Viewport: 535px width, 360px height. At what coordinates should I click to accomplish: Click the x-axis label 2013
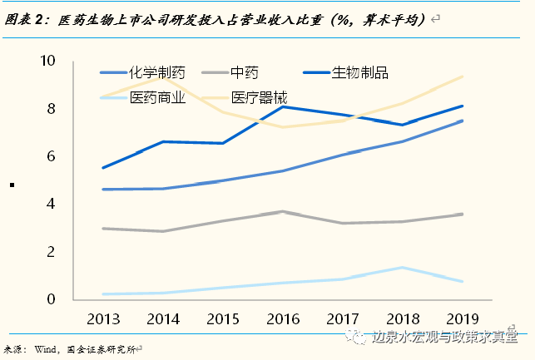pyautogui.click(x=102, y=319)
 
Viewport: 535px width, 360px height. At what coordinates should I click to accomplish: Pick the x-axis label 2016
pyautogui.click(x=283, y=319)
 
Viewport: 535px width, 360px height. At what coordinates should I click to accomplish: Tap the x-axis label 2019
pyautogui.click(x=463, y=319)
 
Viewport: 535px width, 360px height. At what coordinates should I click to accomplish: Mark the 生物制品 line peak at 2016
pyautogui.click(x=283, y=106)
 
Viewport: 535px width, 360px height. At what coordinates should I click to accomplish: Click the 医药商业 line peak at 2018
pyautogui.click(x=403, y=268)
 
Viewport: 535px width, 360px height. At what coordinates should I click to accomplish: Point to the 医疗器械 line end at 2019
pyautogui.click(x=463, y=76)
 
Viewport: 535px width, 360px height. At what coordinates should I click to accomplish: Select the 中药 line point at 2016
pyautogui.click(x=283, y=212)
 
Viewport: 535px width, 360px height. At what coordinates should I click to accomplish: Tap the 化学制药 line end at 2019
pyautogui.click(x=463, y=121)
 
